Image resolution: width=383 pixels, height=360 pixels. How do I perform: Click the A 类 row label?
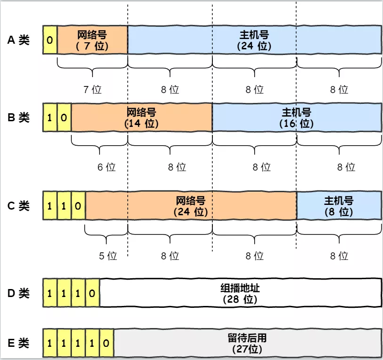click(18, 40)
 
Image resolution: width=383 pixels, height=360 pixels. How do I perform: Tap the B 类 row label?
click(18, 117)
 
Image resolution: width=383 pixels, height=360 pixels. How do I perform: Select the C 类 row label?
click(18, 205)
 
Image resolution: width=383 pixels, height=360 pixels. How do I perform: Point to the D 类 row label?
click(18, 294)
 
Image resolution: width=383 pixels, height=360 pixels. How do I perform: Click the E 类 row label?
click(18, 343)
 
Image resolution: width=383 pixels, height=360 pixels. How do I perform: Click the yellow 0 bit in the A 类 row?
click(50, 40)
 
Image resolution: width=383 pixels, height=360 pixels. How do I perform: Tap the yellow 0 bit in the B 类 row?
click(64, 117)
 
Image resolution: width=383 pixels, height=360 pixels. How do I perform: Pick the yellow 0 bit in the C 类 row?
click(78, 205)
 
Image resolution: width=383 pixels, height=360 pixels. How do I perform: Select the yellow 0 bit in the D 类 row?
click(92, 293)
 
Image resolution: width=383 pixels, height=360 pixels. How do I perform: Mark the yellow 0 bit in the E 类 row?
click(106, 343)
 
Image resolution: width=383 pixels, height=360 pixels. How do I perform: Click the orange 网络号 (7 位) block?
click(92, 40)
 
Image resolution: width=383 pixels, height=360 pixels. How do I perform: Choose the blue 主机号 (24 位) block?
click(254, 40)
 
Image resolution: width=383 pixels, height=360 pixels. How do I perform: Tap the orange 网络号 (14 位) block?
click(141, 117)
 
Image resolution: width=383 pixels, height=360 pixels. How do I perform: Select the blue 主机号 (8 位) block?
click(338, 205)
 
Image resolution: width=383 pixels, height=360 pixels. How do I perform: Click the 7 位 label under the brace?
click(93, 89)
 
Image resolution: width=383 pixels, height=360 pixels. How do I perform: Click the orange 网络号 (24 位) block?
click(191, 205)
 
